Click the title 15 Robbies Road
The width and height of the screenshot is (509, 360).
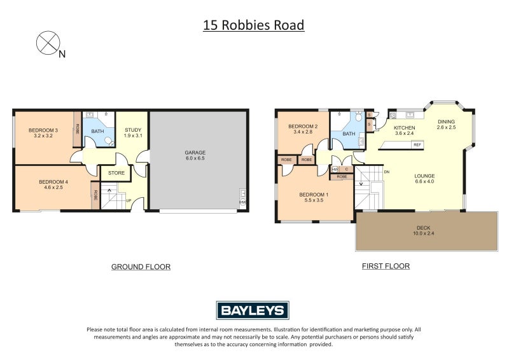point(253,25)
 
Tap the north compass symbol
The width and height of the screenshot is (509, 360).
point(48,43)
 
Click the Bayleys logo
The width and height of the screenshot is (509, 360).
point(253,310)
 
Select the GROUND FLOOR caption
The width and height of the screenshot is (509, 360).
point(141,267)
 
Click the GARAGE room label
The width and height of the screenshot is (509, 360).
point(195,153)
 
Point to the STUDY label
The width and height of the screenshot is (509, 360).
point(133,130)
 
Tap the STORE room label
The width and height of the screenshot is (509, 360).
point(116,172)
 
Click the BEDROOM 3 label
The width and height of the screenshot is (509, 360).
point(43,130)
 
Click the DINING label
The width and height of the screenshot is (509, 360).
point(446,121)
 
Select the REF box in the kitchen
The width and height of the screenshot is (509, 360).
point(417,145)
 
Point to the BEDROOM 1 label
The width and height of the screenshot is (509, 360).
point(314,194)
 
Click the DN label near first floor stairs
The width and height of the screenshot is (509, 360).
point(386,171)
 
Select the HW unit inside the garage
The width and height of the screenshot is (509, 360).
point(242,202)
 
